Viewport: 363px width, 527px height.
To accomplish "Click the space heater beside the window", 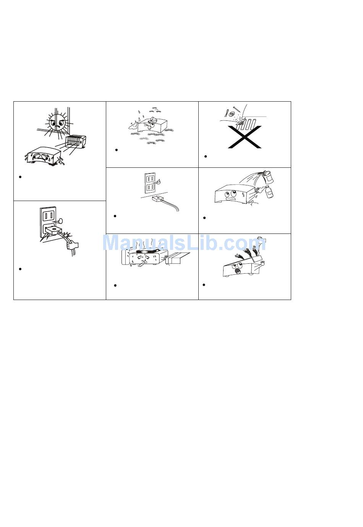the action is point(75,142).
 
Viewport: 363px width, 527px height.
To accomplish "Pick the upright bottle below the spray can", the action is point(270,192).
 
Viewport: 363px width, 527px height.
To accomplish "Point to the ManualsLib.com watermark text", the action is point(184,243).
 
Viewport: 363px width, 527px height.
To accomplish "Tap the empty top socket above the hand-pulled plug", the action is point(49,215).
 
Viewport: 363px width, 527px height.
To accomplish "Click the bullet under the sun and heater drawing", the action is point(20,177).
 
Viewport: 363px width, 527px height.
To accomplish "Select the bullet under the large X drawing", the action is point(206,156).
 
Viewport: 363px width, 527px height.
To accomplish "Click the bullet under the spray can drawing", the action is point(204,218).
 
